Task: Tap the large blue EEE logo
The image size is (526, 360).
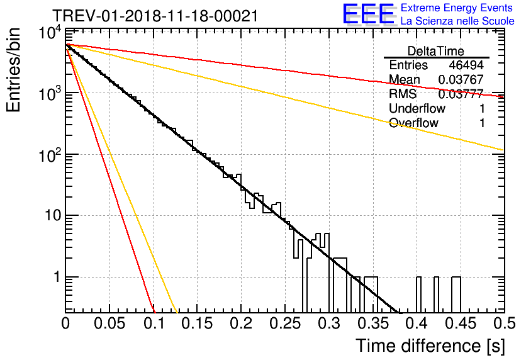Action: coord(368,14)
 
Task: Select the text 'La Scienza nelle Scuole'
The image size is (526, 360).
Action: coord(457,21)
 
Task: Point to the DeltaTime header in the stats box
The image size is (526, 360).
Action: coord(436,51)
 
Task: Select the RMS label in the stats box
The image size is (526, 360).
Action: coord(403,94)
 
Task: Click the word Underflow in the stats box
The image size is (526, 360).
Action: coord(417,109)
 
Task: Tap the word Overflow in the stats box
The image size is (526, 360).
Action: coord(413,123)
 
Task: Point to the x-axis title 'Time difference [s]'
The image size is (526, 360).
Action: coord(429,346)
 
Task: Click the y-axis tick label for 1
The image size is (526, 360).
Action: coord(55,278)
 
